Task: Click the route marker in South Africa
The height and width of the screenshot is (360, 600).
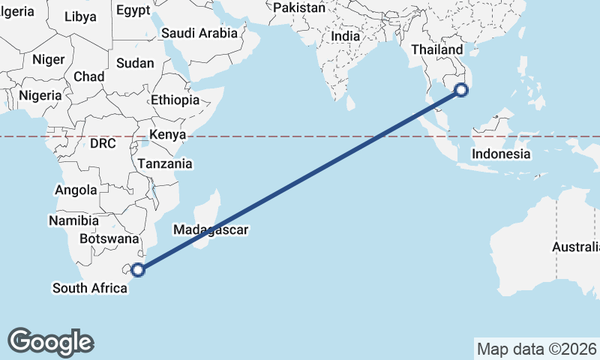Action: [138, 270]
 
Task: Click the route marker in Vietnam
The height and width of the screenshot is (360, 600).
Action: [461, 91]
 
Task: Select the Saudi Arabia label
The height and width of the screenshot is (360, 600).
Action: [199, 33]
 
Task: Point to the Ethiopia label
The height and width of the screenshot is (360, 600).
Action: [175, 100]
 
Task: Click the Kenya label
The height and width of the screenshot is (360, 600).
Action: [167, 135]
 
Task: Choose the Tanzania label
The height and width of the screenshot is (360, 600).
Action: [164, 163]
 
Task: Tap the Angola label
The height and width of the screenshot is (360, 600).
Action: [76, 190]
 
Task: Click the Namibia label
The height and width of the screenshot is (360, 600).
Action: [73, 221]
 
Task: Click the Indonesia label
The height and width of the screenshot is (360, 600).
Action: [501, 154]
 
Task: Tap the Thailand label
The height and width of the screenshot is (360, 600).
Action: [437, 49]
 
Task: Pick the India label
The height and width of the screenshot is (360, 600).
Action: [345, 36]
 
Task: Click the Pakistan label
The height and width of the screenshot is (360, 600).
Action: [299, 7]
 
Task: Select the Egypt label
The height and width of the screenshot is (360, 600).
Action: [133, 10]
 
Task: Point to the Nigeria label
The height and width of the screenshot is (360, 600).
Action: [39, 96]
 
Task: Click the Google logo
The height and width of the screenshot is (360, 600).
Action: [50, 341]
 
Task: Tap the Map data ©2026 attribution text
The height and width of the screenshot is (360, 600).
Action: [537, 349]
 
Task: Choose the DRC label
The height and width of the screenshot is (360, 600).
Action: [103, 143]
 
